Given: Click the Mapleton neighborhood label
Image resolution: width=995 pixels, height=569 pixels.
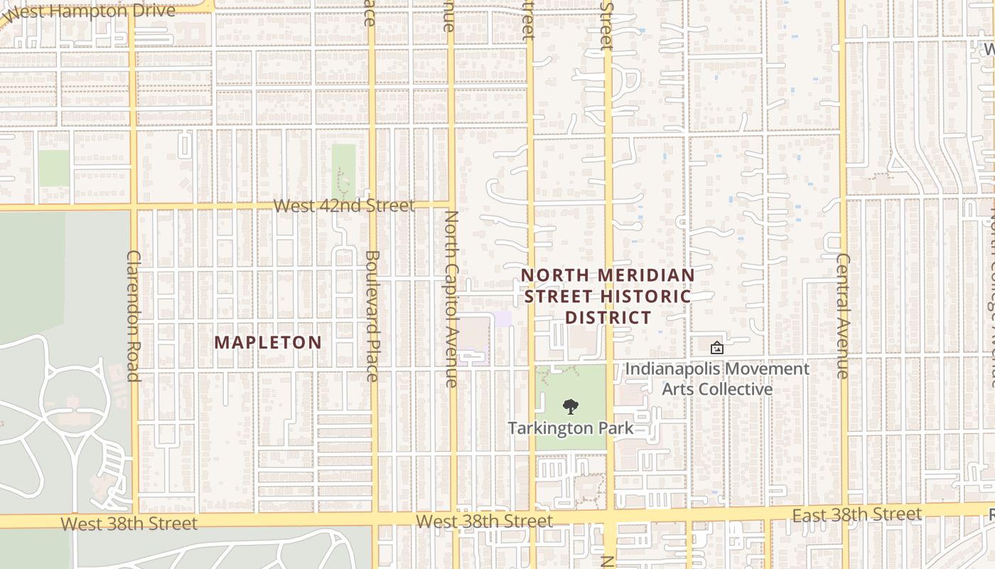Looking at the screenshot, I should point(268,342).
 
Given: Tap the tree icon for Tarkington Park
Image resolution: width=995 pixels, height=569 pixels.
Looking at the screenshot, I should point(570,407).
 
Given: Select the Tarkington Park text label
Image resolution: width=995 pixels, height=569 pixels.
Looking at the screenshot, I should point(570,428).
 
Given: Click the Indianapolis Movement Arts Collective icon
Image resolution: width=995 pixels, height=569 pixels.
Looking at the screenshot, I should point(716,348).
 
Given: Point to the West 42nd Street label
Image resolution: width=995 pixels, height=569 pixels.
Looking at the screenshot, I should point(344,206).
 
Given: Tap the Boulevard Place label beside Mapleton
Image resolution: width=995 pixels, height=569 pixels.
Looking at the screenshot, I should point(372,315).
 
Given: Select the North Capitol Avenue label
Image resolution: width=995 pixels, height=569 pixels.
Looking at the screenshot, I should point(451,299).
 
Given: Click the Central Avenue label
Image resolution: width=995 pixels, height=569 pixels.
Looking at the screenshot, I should point(843,315).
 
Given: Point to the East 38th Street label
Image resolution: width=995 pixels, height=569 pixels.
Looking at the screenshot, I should point(857,514).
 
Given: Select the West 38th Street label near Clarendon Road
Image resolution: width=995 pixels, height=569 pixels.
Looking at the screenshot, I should point(129,523).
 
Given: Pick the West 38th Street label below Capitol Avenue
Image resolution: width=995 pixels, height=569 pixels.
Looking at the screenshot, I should point(484,521).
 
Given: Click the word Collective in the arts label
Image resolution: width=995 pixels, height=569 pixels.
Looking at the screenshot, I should point(738,389).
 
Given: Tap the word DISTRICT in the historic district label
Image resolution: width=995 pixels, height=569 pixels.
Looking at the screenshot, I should point(608,317).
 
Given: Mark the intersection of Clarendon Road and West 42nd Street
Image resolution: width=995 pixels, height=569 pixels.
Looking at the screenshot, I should point(134,207).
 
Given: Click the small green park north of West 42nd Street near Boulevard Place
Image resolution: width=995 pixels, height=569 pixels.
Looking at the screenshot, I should point(344,167).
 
